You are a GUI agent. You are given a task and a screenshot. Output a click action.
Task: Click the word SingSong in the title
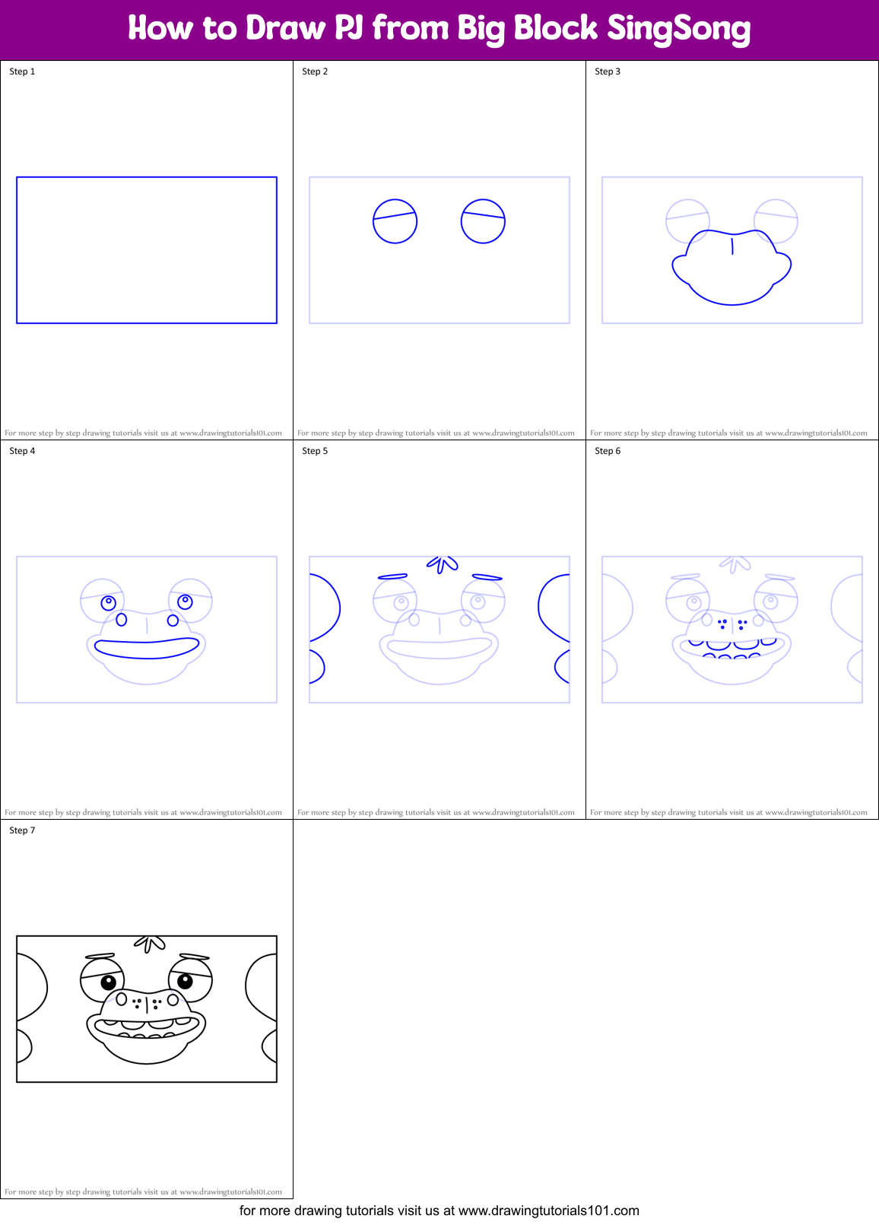tap(678, 29)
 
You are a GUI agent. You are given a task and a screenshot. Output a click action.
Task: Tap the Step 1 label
tap(22, 71)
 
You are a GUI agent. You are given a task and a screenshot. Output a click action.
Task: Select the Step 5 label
tap(315, 451)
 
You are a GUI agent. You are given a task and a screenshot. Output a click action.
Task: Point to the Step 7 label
tap(22, 830)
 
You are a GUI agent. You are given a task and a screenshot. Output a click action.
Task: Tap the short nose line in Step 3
tap(732, 246)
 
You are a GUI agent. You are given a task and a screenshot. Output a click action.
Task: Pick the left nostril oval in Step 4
tap(122, 621)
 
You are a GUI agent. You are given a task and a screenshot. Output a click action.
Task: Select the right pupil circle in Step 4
tap(185, 601)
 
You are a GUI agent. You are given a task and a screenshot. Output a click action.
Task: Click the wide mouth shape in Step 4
tap(146, 649)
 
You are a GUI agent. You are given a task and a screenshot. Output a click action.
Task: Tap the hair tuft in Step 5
tap(442, 563)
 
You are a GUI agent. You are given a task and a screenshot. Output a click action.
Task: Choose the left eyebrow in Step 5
tap(392, 577)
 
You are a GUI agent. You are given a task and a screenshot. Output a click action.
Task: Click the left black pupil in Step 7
tap(109, 982)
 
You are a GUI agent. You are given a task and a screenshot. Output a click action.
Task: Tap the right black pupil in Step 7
tap(185, 980)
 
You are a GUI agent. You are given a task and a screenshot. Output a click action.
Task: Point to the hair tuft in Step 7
tap(150, 944)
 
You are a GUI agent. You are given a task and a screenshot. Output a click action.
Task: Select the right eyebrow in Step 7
tap(195, 957)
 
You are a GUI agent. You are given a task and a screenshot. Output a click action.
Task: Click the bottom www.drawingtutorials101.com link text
tap(548, 1211)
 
